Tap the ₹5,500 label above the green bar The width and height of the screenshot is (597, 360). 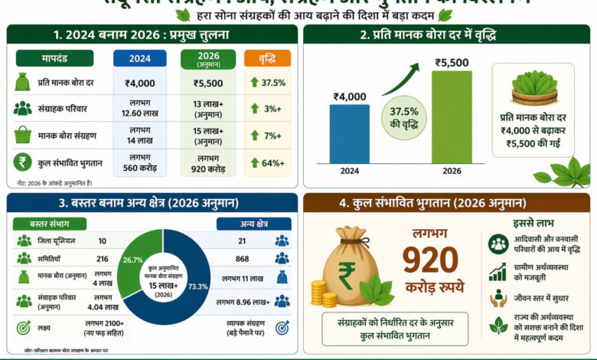[x=452, y=63]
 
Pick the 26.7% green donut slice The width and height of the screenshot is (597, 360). [x=134, y=251]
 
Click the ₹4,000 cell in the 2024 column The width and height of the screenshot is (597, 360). [x=139, y=83]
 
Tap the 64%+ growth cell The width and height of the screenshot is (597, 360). [x=267, y=162]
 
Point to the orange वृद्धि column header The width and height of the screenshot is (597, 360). [x=267, y=58]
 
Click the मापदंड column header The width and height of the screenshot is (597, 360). [x=54, y=58]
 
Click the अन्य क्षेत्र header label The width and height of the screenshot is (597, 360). [x=253, y=224]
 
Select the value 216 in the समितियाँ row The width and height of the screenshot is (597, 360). [x=102, y=260]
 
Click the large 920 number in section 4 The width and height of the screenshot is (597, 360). [x=430, y=261]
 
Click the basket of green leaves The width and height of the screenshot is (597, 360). [x=534, y=89]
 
